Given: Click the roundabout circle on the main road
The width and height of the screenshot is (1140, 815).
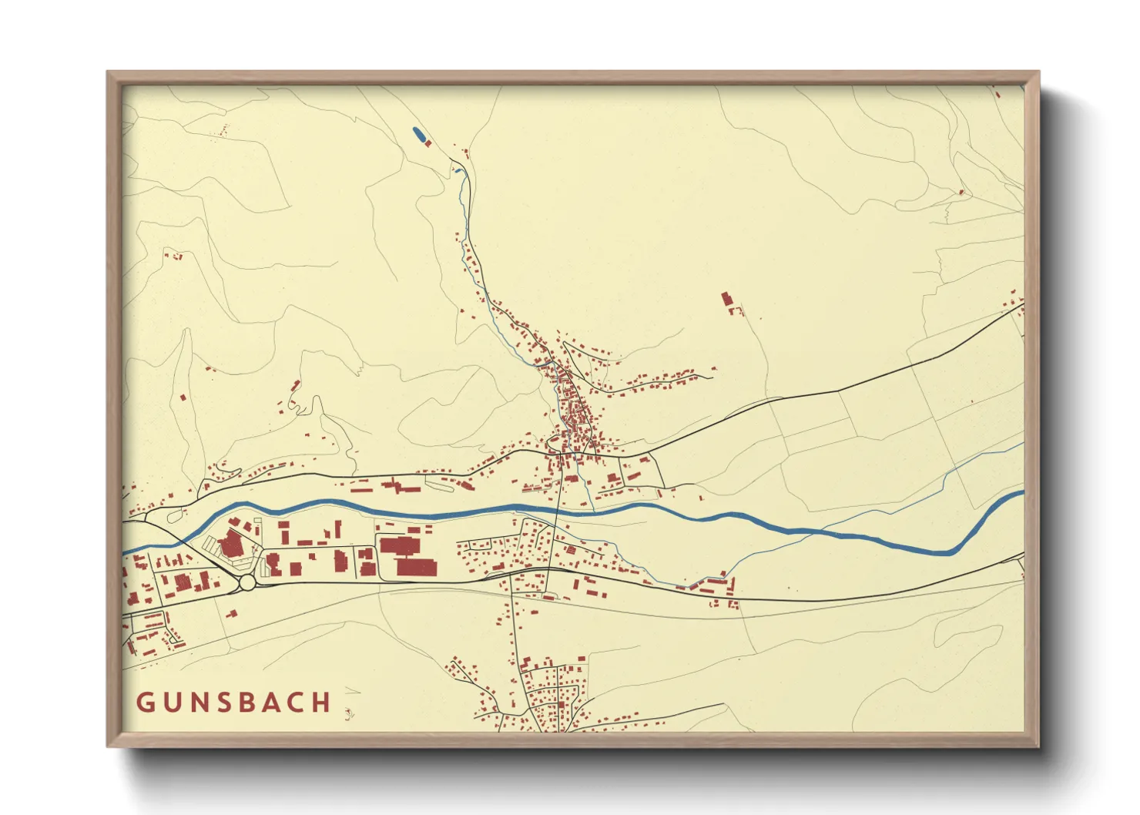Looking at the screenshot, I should click(247, 583).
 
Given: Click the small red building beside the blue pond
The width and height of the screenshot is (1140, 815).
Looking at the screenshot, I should click(428, 143).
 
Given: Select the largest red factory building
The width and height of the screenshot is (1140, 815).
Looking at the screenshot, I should click(407, 547).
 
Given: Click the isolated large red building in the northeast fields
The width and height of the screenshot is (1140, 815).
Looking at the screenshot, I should click(726, 299).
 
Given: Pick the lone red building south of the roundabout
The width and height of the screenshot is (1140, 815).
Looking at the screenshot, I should click(232, 614).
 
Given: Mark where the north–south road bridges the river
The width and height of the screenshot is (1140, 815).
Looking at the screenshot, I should click(557, 509).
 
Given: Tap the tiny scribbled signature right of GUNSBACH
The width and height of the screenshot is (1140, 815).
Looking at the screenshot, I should click(350, 713).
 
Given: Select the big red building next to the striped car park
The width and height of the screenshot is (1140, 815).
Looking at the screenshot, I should click(230, 545).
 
